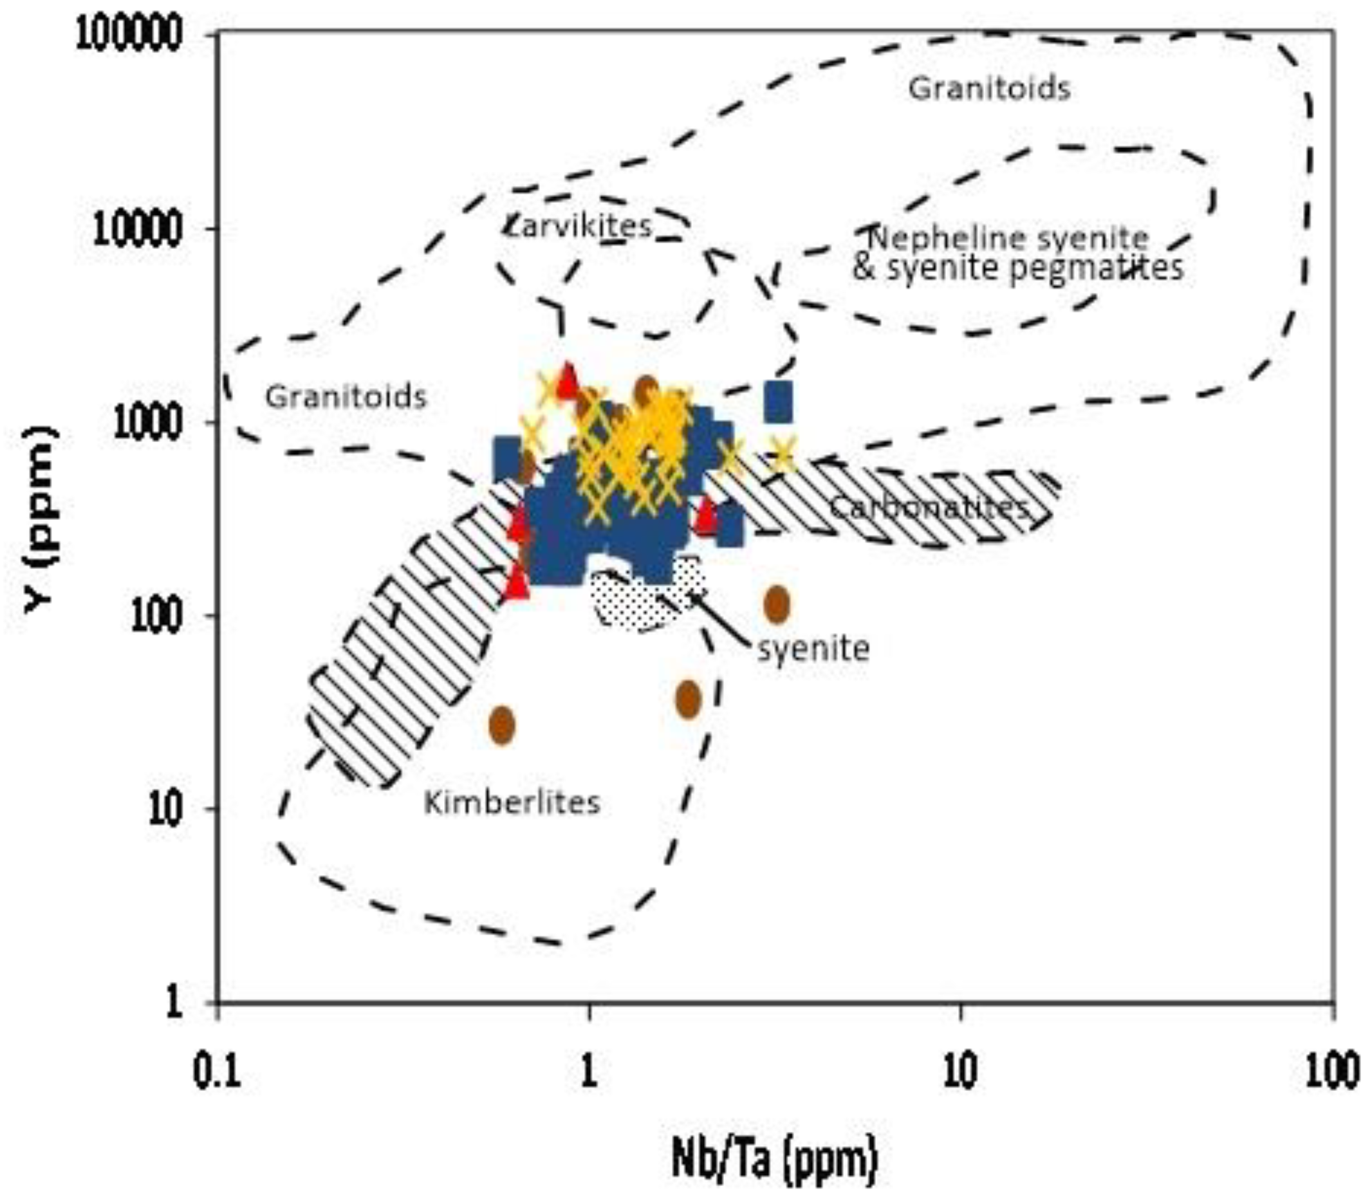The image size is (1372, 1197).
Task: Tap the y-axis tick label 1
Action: [x=175, y=1004]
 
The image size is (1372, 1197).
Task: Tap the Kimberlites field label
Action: [x=512, y=802]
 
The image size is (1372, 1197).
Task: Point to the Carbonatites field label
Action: [x=929, y=508]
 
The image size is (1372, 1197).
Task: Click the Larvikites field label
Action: [x=578, y=226]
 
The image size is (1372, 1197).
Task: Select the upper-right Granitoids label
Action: [x=988, y=89]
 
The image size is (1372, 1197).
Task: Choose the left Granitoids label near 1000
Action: [x=346, y=397]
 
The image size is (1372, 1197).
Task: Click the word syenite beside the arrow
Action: [x=813, y=648]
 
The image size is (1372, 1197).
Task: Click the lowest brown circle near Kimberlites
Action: [x=502, y=724]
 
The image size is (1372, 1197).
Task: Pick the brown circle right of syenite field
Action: [x=775, y=603]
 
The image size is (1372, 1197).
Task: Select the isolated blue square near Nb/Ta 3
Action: [x=778, y=402]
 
